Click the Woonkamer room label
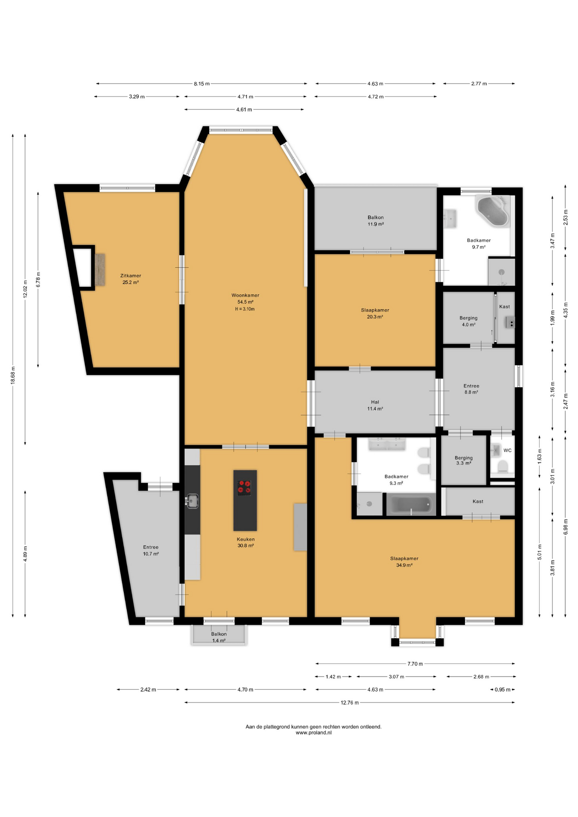pos(245,295)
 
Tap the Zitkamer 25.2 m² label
pos(131,279)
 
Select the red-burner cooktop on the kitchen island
pos(245,488)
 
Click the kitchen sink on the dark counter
pos(192,501)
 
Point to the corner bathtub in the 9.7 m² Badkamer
pos(493,210)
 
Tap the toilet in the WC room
pos(502,467)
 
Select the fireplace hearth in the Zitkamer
pos(100,270)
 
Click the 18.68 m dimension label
pos(13,375)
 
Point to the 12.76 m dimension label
pos(349,703)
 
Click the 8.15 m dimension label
pos(202,84)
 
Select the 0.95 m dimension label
pos(502,689)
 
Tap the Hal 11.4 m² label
pos(375,405)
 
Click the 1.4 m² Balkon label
pos(219,637)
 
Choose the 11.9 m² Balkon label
pos(376,220)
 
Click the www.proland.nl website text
pos(314,733)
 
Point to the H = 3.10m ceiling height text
pos(245,309)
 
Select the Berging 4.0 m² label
pos(468,321)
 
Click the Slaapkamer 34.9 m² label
pos(404,562)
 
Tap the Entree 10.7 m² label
pos(151,551)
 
